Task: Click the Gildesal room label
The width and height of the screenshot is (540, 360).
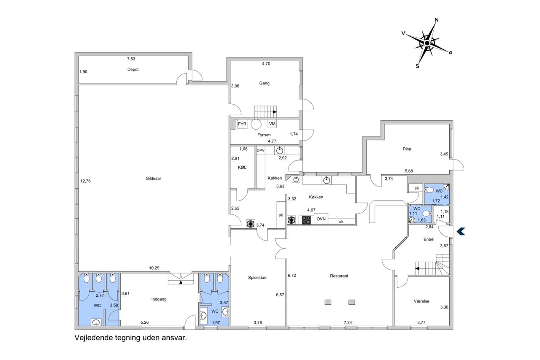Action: [x=153, y=179]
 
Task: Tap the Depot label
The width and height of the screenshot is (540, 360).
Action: [x=133, y=70]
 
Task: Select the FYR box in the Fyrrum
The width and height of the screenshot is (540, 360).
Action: [x=242, y=124]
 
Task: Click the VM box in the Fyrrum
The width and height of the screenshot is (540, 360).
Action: [x=272, y=124]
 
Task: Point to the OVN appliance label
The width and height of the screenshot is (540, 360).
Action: [x=321, y=219]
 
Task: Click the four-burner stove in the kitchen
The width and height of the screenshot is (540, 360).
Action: [x=306, y=220]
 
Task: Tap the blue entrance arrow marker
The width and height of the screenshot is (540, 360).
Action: [x=461, y=231]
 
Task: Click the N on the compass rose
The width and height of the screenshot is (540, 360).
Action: [x=436, y=20]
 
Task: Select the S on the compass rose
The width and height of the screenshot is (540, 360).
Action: [x=417, y=66]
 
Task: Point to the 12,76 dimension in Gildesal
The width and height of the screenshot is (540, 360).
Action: [x=86, y=181]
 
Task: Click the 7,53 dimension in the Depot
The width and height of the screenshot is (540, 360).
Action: [x=131, y=59]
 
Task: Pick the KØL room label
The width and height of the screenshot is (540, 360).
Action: [x=242, y=168]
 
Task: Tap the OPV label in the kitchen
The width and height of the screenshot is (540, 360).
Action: [x=260, y=151]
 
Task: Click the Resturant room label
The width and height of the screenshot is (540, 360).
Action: [x=339, y=276]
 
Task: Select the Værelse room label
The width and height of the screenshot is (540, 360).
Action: [x=421, y=301]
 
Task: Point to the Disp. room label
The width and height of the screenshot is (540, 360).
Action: [x=407, y=149]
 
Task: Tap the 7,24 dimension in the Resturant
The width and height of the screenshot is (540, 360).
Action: [x=348, y=322]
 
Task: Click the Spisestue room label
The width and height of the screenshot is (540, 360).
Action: [x=257, y=278]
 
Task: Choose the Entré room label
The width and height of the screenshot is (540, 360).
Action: [x=428, y=239]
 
